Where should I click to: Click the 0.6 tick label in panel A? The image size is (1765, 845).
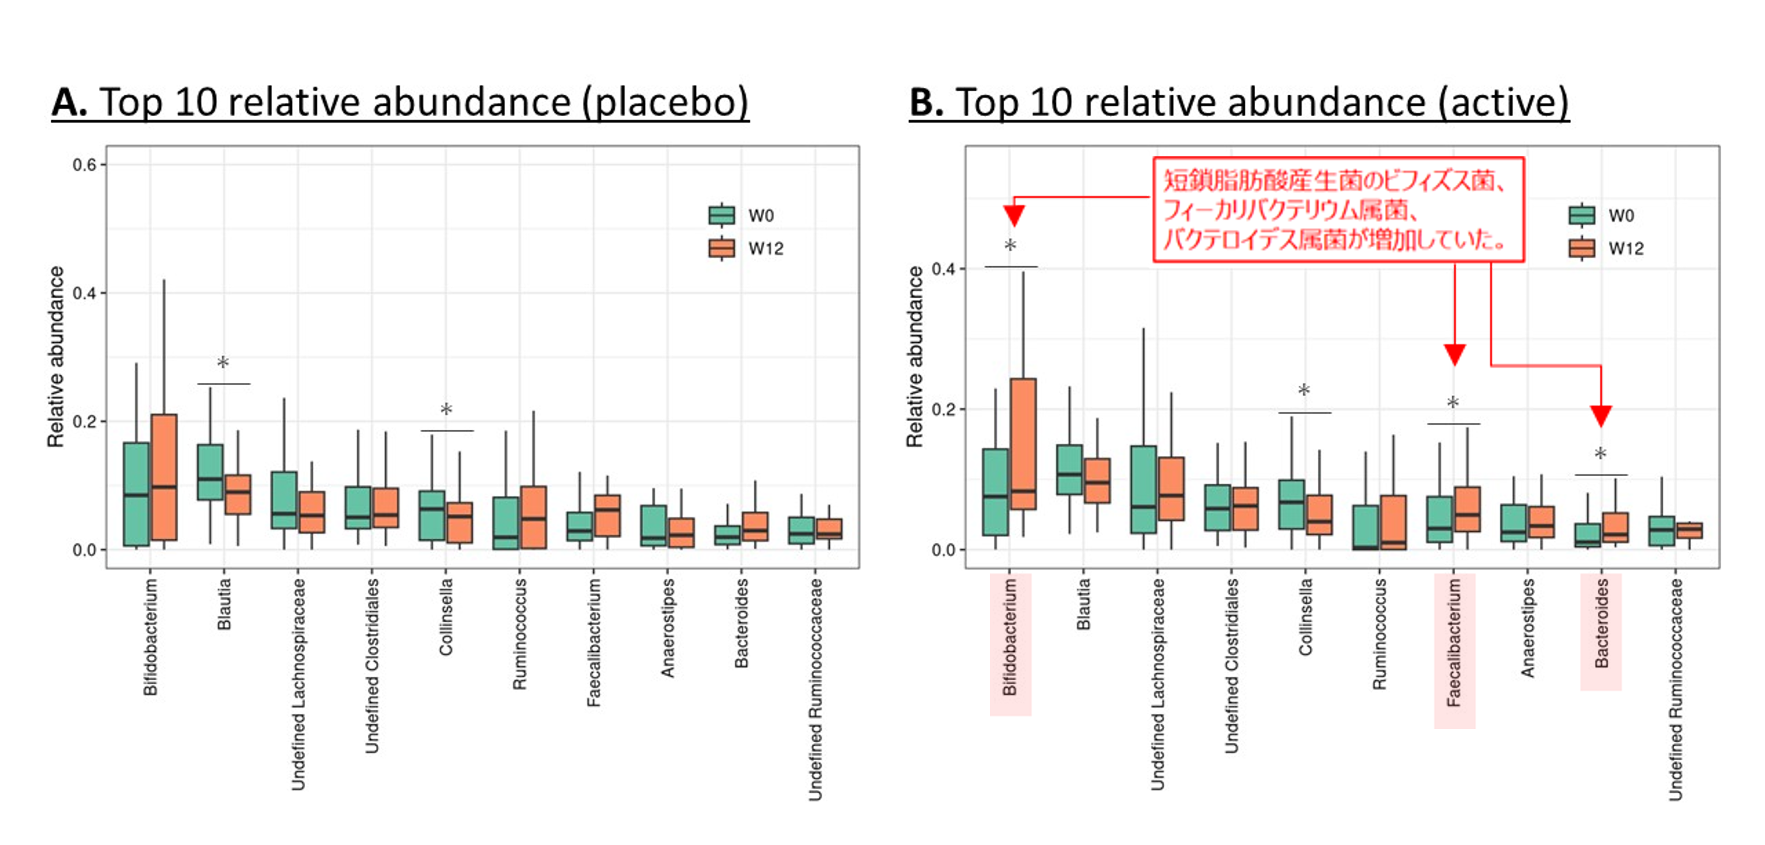tap(85, 165)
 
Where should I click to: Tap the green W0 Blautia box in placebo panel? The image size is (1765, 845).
tap(210, 472)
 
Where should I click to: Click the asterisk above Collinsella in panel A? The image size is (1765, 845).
tap(446, 410)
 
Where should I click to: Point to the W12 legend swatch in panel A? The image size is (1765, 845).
tap(722, 248)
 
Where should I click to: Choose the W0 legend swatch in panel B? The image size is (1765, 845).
tap(1581, 215)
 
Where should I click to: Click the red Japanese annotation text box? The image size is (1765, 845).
tap(1338, 210)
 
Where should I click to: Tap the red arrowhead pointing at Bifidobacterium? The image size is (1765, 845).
tap(1014, 215)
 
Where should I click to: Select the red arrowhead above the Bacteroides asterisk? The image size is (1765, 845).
tap(1601, 416)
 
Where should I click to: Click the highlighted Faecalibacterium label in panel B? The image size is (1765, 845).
tap(1454, 643)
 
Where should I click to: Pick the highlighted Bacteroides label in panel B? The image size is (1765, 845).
tap(1601, 624)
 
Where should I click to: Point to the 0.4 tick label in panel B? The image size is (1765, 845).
tap(944, 269)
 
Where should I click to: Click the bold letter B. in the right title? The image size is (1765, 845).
tap(926, 103)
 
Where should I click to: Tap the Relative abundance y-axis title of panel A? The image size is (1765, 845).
tap(56, 356)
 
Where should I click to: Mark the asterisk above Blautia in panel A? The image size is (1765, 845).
tap(223, 362)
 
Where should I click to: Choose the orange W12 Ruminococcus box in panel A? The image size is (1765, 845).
tap(534, 517)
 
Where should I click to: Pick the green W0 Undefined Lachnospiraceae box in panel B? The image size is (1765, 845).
tap(1143, 490)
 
